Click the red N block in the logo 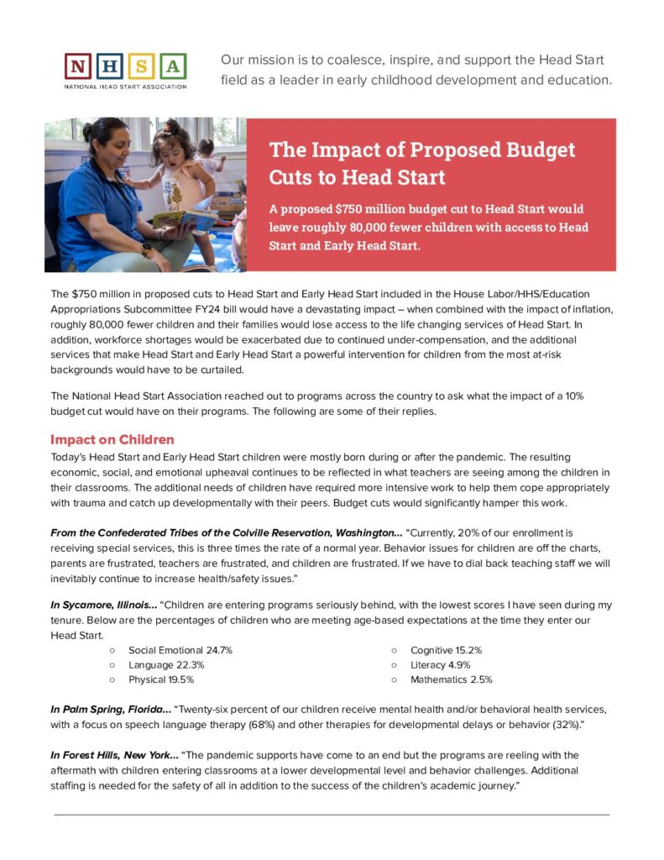(x=77, y=66)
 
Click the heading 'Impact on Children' (x=112, y=440)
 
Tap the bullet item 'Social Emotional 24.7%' (x=180, y=650)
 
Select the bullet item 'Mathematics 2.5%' (x=451, y=679)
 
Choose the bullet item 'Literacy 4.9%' (x=440, y=665)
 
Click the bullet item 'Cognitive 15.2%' (x=446, y=650)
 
